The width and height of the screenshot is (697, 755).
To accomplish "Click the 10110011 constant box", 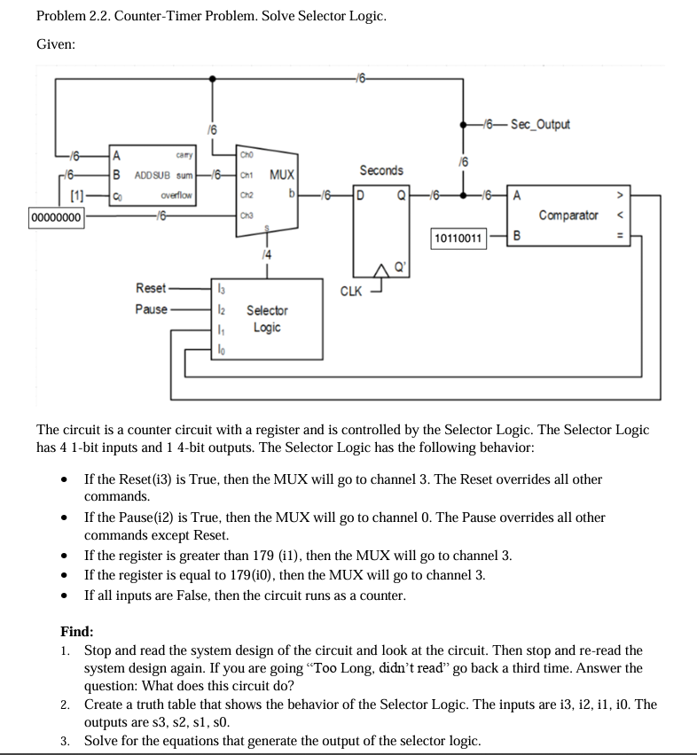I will tap(458, 237).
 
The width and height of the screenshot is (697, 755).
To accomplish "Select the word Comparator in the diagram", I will tap(569, 215).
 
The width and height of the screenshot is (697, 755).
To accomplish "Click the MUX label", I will tap(283, 175).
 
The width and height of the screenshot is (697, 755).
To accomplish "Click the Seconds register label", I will tap(381, 170).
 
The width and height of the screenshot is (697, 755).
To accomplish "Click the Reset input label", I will tap(150, 289).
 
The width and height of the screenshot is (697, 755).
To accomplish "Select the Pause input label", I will tap(150, 309).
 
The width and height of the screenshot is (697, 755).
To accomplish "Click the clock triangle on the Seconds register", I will tap(383, 270).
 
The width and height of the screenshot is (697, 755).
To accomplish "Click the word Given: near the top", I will tap(56, 44).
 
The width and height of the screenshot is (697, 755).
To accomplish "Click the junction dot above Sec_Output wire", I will tap(462, 125).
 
